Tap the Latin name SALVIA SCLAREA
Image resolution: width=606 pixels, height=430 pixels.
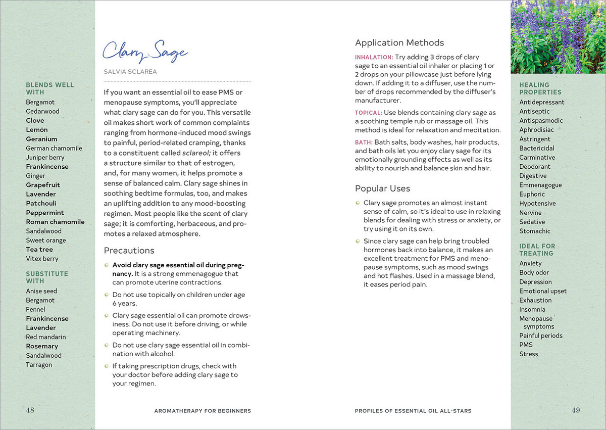click(130, 72)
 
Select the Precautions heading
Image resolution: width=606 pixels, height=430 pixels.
click(129, 251)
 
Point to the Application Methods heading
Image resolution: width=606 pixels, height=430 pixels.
click(399, 43)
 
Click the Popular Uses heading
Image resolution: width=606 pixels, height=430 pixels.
click(382, 188)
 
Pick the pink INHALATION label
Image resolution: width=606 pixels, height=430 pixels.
click(374, 57)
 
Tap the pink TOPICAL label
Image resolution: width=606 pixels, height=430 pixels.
click(368, 113)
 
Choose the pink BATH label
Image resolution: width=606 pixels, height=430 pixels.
click(364, 142)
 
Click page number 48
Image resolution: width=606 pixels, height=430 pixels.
click(30, 410)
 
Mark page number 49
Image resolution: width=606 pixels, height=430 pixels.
click(576, 410)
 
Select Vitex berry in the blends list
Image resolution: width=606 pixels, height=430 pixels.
click(42, 259)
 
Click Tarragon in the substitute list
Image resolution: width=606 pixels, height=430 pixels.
click(39, 365)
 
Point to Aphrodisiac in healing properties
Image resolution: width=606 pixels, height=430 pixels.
click(536, 130)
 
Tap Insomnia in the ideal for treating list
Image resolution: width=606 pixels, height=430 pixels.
click(532, 309)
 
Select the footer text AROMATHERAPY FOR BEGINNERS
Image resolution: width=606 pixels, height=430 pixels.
click(203, 411)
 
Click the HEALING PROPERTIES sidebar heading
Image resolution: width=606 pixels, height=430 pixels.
click(540, 89)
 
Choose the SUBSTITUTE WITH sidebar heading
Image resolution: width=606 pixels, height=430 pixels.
click(47, 277)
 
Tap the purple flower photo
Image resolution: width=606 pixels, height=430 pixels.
click(558, 37)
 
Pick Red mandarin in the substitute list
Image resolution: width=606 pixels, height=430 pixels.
click(46, 337)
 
